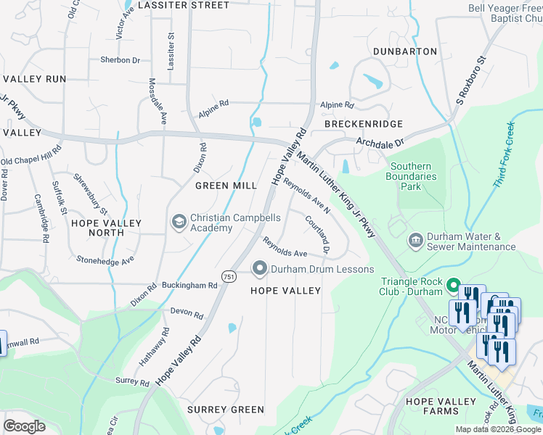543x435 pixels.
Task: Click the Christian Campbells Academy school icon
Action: [x=179, y=220]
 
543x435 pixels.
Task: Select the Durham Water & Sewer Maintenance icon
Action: [x=415, y=240]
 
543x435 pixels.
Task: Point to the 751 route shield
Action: [x=228, y=276]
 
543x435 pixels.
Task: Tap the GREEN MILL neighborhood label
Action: [x=226, y=186]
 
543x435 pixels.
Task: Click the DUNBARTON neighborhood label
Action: [x=405, y=51]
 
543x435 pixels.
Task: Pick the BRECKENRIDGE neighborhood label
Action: [x=364, y=124]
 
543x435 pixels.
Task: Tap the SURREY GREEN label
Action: [x=226, y=410]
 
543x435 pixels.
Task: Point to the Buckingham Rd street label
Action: [x=190, y=286]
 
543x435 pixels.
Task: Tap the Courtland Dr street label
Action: [x=318, y=235]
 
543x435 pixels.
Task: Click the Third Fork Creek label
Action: [x=504, y=155]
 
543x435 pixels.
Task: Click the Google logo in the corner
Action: [x=25, y=426]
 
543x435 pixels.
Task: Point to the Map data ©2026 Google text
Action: [x=498, y=429]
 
